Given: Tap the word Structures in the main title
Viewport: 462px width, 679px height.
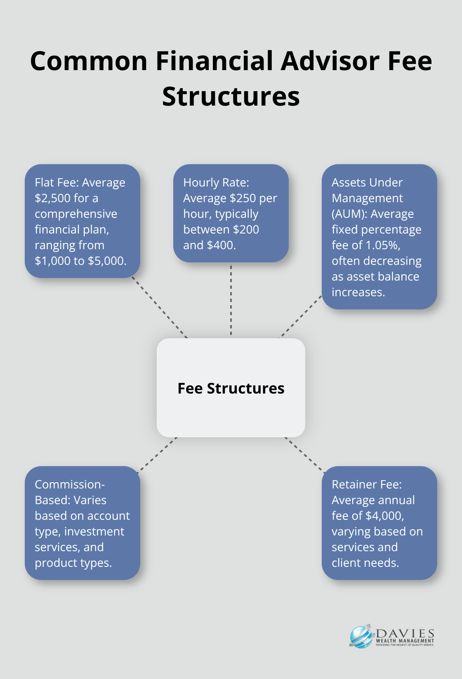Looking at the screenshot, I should [x=231, y=97].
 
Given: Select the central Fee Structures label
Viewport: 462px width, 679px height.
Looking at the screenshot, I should [x=231, y=389].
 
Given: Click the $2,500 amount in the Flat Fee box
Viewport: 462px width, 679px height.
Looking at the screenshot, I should [x=53, y=198].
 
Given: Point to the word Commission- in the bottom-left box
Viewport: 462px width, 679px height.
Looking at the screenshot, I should [x=70, y=485].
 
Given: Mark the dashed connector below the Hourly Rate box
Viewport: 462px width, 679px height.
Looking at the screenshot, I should [x=231, y=300].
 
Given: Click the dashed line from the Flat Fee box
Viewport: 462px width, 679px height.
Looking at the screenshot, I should [x=160, y=308].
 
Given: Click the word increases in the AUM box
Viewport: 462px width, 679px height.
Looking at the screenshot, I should [x=358, y=292].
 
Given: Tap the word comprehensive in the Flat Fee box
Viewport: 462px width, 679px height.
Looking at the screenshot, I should [x=76, y=214].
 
